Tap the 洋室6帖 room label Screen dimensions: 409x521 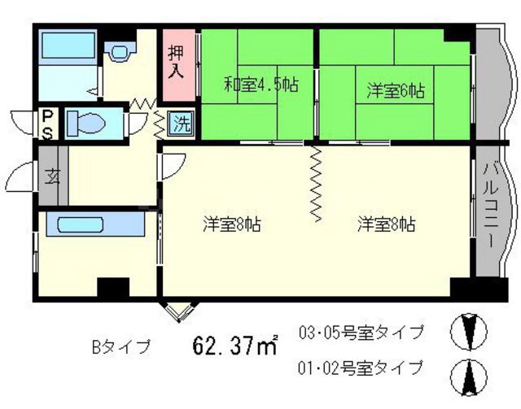pos(395,90)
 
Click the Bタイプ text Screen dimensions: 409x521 pos(120,347)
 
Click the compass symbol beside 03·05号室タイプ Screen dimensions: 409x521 pos(470,331)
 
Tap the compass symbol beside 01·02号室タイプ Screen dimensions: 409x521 pos(470,375)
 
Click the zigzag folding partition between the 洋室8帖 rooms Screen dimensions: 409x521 pos(316,184)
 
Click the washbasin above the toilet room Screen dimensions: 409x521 pos(120,51)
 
